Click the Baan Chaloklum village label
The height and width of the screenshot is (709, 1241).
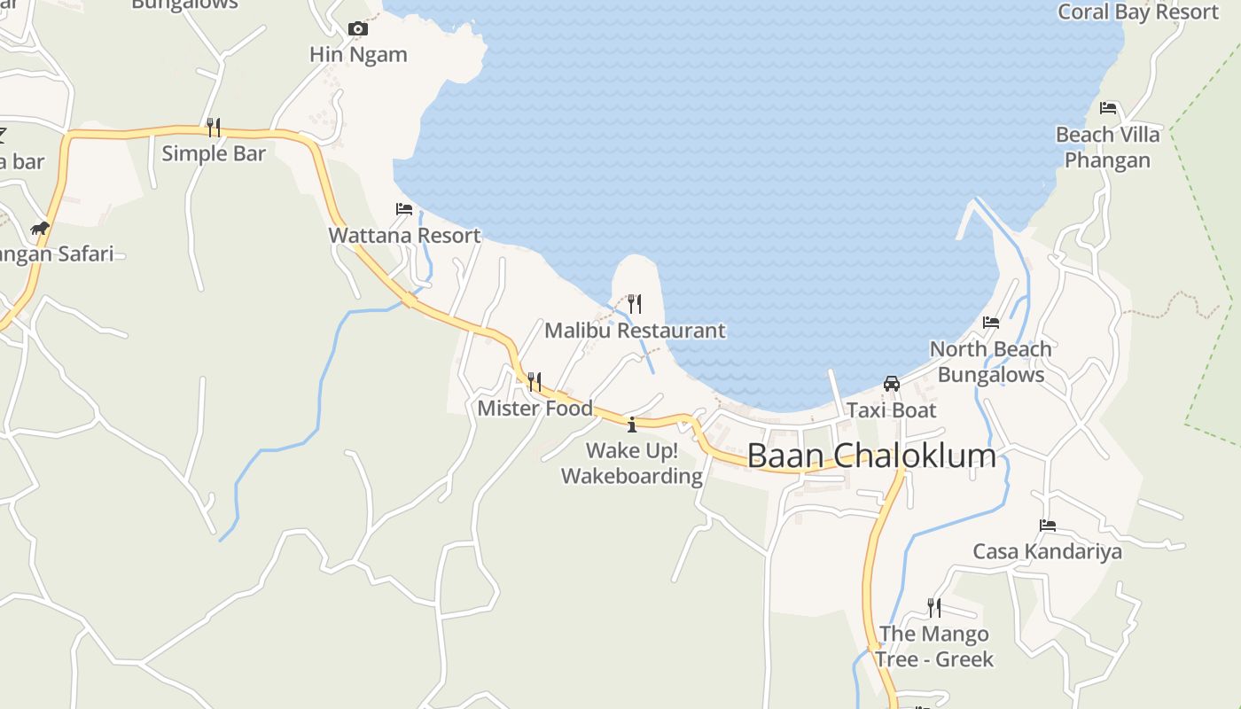point(871,456)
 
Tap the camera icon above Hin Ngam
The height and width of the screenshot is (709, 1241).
point(358,28)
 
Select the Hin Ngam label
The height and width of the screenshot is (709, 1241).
point(358,54)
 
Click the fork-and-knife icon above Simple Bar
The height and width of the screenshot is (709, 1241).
point(214,128)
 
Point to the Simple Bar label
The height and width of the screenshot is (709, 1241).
point(214,153)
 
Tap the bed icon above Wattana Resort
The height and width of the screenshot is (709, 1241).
point(404,209)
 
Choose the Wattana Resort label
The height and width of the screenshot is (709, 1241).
point(404,236)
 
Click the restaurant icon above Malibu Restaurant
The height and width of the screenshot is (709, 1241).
point(635,304)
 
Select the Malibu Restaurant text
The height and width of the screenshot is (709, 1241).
point(635,331)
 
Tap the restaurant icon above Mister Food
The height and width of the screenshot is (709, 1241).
point(535,382)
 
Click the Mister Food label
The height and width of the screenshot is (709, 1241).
point(535,409)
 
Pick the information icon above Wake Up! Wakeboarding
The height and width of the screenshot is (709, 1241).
point(632,425)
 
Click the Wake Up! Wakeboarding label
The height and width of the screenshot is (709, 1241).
point(632,464)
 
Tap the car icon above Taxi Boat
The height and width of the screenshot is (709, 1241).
point(892,384)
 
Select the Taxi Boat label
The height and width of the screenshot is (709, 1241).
point(892,410)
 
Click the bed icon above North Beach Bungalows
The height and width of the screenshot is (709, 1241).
point(991,323)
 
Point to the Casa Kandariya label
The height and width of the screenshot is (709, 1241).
point(1048,551)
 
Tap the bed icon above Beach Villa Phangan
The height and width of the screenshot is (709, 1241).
point(1108,108)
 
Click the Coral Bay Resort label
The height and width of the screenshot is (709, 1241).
point(1138,12)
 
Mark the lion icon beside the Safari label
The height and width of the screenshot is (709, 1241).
point(40,229)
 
